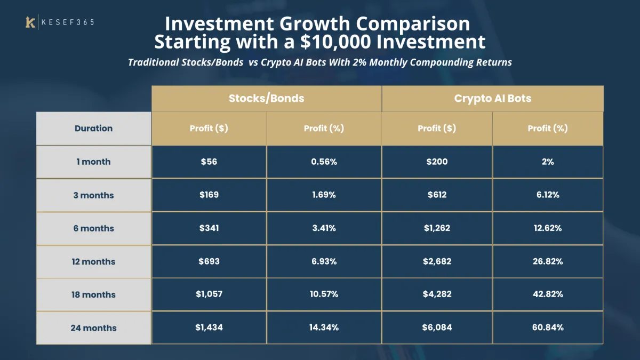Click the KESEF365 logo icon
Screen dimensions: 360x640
30,22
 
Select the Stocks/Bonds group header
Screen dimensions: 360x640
266,98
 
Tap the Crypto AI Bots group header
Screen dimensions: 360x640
492,98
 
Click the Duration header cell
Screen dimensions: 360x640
93,129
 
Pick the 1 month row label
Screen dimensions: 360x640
93,162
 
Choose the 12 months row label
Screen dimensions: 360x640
93,261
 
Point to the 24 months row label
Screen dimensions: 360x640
93,328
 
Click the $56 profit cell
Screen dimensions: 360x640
209,162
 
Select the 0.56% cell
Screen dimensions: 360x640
324,162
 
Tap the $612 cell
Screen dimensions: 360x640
437,195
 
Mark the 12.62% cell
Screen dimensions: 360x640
548,228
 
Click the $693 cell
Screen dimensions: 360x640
209,261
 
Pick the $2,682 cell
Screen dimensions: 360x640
437,261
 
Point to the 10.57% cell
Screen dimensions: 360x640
324,294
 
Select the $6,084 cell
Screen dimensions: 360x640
437,327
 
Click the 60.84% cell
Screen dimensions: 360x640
548,327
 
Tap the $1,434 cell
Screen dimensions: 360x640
209,327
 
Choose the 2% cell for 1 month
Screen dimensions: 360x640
548,162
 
